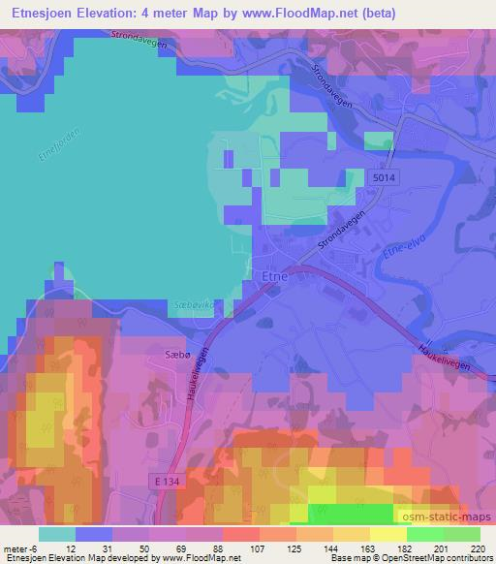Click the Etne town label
273,276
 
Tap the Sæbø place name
165,357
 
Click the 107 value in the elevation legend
231,548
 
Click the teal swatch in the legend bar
57,534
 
